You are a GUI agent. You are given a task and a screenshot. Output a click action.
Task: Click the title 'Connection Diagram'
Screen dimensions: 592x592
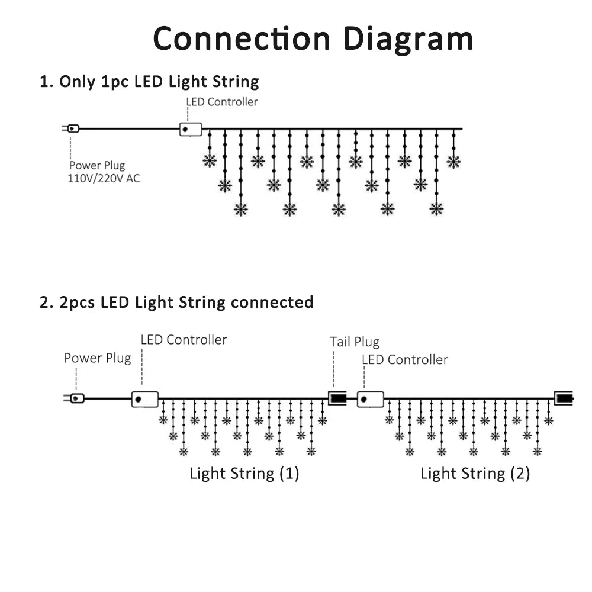click(313, 39)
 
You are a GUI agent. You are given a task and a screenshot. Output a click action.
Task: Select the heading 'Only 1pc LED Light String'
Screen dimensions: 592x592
click(149, 82)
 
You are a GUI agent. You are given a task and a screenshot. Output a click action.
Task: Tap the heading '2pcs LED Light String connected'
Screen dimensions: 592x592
click(176, 303)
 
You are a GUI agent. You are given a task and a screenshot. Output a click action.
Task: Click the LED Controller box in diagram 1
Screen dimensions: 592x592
click(191, 129)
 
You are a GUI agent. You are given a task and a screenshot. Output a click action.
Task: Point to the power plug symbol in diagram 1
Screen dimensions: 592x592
click(72, 128)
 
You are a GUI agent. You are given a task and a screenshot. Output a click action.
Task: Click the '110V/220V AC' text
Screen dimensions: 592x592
click(104, 178)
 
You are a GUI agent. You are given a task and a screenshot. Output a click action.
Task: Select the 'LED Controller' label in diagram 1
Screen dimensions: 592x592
click(222, 102)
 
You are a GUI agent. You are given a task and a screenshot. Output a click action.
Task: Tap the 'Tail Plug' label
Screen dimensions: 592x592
click(354, 342)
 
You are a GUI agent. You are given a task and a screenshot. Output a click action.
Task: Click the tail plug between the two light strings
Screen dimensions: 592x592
click(337, 398)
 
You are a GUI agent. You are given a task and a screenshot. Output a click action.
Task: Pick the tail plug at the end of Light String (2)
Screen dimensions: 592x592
click(564, 397)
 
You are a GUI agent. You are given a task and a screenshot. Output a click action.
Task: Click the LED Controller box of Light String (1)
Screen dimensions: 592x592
click(145, 398)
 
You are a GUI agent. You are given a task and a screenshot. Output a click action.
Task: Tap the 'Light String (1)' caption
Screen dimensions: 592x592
click(244, 474)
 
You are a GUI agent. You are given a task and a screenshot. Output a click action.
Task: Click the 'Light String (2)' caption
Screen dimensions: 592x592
click(475, 474)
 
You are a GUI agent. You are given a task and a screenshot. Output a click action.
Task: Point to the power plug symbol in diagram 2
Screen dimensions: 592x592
click(76, 398)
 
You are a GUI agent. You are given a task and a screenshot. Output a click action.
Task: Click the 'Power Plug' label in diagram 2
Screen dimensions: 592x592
click(97, 358)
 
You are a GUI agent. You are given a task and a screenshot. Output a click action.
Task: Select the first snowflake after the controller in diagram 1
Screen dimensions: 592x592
click(210, 161)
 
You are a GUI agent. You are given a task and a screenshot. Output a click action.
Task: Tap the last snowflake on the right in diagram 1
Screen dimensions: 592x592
click(453, 162)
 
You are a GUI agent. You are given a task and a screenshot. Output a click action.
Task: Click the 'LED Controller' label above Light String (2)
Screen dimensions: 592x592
click(404, 359)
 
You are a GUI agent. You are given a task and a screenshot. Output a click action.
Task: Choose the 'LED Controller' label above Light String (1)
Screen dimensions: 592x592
click(184, 340)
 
